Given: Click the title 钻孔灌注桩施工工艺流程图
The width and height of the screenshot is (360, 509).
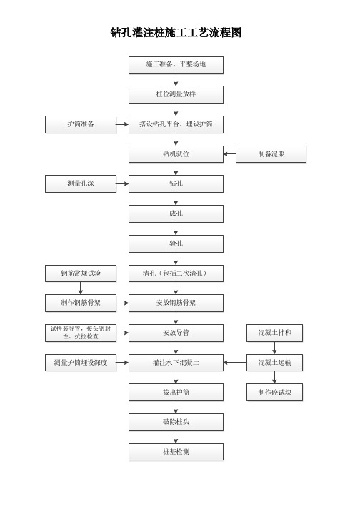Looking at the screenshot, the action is pos(176,32).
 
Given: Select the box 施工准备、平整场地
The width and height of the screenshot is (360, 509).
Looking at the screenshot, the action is pos(176,65).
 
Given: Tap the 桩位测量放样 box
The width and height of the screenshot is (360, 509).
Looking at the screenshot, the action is pos(176,94).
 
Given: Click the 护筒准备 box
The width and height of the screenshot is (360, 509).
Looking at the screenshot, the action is pos(81,124).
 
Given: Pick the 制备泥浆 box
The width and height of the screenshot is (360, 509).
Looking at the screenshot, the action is pos(271,154).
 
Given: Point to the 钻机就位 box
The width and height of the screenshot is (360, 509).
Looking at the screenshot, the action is pos(176,154).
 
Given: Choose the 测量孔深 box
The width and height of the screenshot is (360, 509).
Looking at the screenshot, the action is pos(81,183).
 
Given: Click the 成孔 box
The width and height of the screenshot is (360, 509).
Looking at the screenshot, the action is pos(176,213).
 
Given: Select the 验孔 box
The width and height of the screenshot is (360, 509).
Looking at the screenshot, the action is pos(176,243).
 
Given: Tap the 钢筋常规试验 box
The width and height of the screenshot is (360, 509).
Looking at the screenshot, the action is pos(81,273).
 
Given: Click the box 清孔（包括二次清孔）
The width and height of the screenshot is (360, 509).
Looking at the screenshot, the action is pos(176,273).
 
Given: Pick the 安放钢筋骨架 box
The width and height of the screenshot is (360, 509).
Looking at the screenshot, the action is pos(176,303).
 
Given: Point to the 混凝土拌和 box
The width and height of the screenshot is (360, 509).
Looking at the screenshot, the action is pos(274,333).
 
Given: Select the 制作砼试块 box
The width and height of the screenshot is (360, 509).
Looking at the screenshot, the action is pos(274,393).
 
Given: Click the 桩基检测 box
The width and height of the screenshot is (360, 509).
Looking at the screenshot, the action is pos(176,452).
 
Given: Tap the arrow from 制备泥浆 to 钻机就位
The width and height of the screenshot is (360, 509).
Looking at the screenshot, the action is pos(230,154).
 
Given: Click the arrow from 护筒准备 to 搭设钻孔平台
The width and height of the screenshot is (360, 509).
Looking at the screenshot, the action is pos(122,124).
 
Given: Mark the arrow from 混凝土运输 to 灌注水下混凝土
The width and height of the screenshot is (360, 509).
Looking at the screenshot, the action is pos(235,362).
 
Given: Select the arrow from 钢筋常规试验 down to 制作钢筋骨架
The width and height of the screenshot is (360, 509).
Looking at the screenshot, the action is pos(81,288).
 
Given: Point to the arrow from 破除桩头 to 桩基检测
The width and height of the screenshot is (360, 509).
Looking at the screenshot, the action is pos(176,437).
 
